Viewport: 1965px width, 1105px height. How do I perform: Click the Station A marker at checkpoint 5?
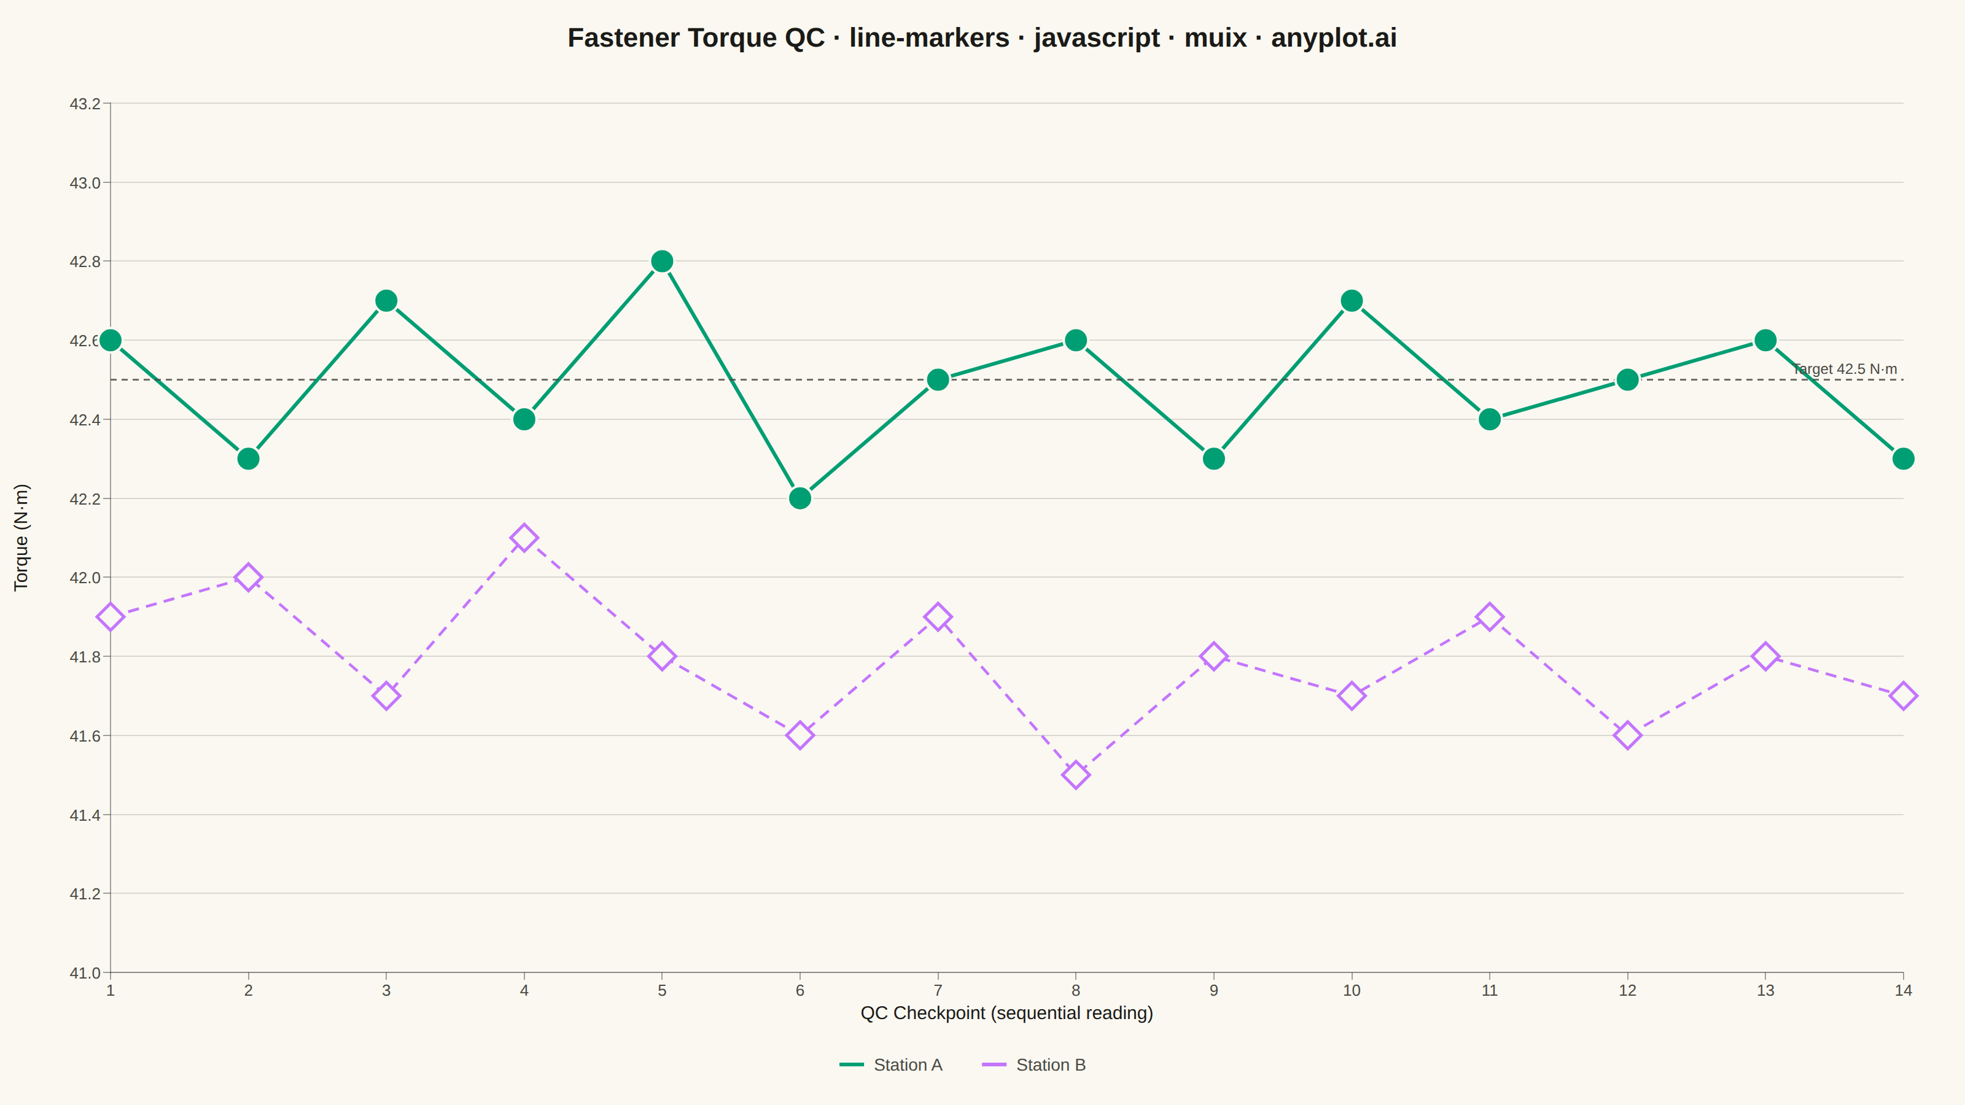(662, 262)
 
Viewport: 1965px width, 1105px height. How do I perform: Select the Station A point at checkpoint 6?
(800, 498)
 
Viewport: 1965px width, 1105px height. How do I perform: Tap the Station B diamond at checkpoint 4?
(524, 538)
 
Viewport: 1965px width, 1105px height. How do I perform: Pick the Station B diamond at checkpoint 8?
(1076, 775)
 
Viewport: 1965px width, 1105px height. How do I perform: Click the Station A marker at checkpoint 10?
(1352, 300)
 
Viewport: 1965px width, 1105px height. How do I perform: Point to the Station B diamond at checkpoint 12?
(1627, 735)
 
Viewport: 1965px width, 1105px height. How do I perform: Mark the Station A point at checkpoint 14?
(1903, 459)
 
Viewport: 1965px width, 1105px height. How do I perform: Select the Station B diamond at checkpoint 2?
(248, 577)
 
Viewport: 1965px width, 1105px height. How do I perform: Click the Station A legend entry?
(891, 1064)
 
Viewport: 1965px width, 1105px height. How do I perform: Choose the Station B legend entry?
(1033, 1064)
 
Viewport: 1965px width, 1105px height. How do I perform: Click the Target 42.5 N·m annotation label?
(1845, 369)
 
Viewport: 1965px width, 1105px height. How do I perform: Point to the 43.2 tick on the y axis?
(85, 104)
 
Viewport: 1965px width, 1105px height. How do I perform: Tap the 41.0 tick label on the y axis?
(85, 973)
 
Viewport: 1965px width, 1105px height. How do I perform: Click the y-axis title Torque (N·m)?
(21, 538)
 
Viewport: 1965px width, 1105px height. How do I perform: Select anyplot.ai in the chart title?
(1334, 38)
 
